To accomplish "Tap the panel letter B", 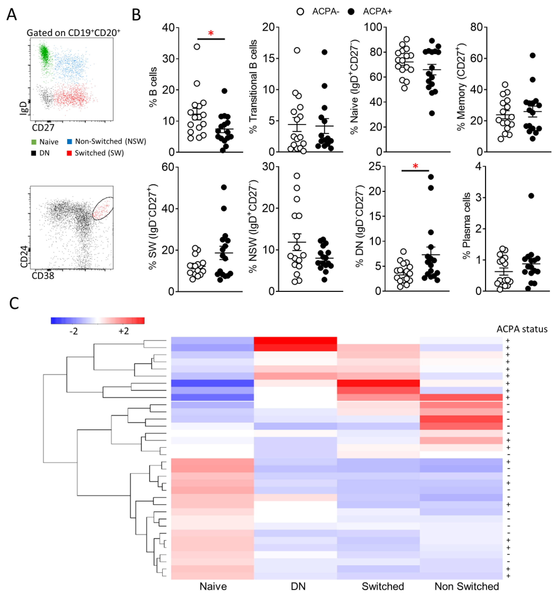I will click(136, 15).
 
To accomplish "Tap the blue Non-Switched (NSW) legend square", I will click(69, 141).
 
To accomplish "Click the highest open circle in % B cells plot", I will click(197, 47).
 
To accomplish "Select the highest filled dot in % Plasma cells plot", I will click(531, 196).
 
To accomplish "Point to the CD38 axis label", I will click(43, 276).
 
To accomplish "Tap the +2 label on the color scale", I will click(124, 331).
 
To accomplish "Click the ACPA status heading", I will click(522, 329).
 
